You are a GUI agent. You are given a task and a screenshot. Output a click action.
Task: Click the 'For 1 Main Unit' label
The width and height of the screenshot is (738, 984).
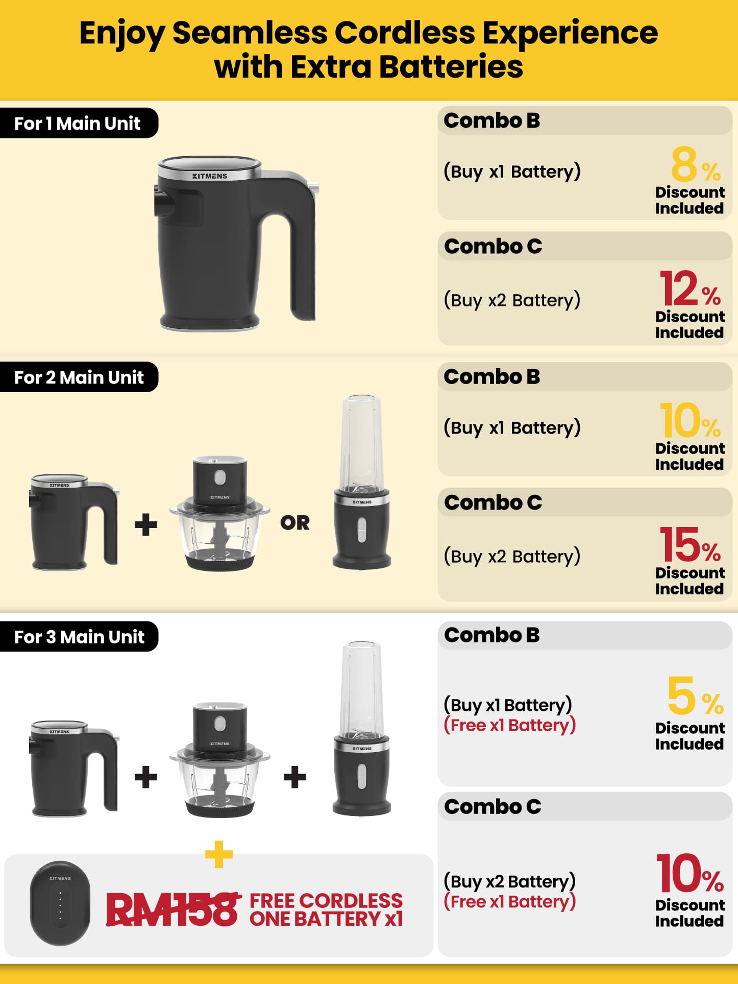(x=78, y=123)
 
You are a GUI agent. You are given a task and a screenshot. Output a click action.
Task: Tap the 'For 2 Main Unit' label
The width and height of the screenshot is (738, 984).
(x=79, y=377)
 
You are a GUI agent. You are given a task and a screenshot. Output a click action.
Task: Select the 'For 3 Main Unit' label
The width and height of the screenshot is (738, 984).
(x=80, y=637)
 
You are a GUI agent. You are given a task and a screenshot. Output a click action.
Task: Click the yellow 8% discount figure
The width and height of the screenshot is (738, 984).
(x=696, y=164)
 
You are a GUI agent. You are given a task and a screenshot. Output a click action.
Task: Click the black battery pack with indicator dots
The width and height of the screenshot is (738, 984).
(x=60, y=903)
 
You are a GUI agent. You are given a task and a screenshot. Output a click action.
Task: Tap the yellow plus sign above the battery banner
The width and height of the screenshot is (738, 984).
(x=219, y=854)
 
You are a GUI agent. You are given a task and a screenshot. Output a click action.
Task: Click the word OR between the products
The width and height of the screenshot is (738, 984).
(x=295, y=523)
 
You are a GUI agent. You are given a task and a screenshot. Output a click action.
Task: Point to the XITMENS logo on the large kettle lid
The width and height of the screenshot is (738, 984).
(x=210, y=176)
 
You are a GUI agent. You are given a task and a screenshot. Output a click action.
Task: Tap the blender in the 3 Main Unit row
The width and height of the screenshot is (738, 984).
(x=362, y=728)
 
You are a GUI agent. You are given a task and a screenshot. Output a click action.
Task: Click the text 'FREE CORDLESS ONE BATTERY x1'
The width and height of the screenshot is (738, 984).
(x=326, y=909)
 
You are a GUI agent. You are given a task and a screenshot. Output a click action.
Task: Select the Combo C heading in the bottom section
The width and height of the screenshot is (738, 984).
(x=493, y=807)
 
